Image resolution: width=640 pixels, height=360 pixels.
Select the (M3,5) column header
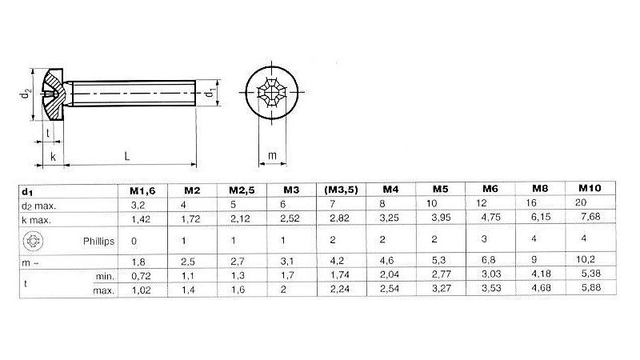pos(340,190)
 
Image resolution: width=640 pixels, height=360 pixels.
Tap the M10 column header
pos(589,188)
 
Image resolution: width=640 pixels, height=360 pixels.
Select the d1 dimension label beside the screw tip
pos(209,94)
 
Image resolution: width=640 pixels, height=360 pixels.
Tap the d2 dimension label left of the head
pos(26,94)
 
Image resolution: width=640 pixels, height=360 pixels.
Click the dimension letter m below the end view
pos(271,155)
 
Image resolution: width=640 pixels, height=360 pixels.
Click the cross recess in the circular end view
pos(272,94)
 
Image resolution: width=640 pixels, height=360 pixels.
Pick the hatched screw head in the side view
pos(54,94)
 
